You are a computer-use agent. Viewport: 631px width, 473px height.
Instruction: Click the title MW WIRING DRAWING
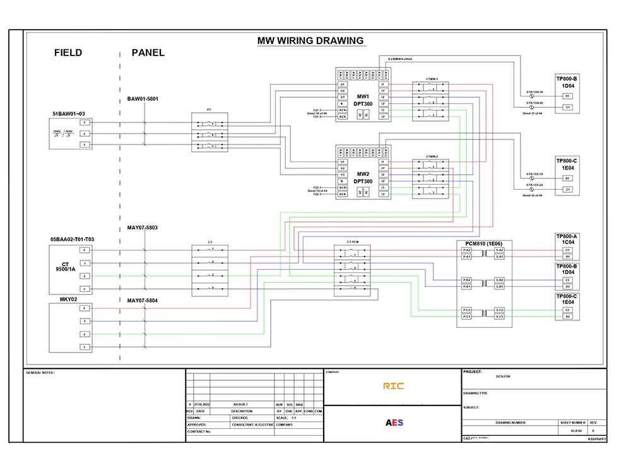[310, 41]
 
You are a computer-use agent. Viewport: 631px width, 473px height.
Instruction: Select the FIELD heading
[68, 53]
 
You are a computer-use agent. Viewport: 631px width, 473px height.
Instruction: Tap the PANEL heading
[148, 53]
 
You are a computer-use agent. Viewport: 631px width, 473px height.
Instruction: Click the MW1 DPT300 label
[362, 100]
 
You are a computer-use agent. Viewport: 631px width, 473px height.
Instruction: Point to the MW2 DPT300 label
[362, 178]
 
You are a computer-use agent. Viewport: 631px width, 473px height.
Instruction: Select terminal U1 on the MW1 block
[342, 85]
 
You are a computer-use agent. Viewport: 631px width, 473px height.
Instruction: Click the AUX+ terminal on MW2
[342, 188]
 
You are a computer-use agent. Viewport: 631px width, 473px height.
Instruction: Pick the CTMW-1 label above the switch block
[432, 79]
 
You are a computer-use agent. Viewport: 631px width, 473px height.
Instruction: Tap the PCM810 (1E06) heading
[484, 243]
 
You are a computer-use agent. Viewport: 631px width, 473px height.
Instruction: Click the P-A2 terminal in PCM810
[466, 250]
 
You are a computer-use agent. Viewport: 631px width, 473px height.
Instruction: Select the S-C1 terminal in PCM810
[499, 317]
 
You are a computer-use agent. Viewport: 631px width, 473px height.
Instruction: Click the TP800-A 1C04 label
[567, 240]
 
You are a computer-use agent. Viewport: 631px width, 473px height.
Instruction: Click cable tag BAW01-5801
[143, 99]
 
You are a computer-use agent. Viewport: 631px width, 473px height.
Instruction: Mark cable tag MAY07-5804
[143, 301]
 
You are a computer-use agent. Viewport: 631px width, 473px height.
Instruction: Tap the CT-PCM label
[353, 242]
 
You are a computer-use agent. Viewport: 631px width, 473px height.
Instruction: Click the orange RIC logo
[393, 386]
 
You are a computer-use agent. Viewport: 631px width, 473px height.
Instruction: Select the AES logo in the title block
[394, 423]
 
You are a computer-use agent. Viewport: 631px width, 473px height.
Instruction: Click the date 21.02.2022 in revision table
[202, 404]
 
